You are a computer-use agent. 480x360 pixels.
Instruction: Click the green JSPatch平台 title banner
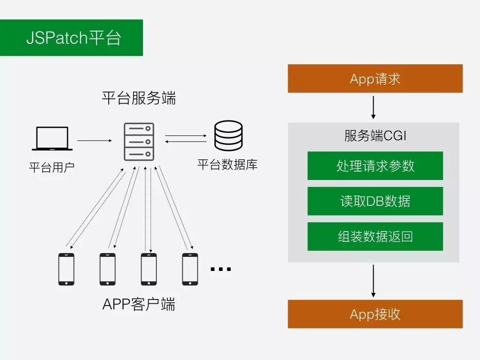click(71, 37)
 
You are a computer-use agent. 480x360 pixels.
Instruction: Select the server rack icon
click(139, 141)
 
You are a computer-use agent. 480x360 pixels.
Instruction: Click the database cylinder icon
click(228, 135)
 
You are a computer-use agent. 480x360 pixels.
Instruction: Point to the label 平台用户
click(52, 167)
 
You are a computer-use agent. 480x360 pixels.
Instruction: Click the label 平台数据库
click(227, 165)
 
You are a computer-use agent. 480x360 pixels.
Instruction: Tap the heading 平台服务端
click(139, 98)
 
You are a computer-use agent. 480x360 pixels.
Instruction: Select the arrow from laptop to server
click(95, 140)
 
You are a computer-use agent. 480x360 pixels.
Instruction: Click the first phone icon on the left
click(66, 269)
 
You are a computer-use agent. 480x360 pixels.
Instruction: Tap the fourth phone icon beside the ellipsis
click(190, 269)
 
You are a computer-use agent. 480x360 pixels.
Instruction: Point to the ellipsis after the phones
click(220, 269)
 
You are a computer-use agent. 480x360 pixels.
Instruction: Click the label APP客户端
click(139, 304)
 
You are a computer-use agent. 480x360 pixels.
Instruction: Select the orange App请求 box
click(375, 79)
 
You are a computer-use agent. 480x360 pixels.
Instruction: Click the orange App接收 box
click(375, 314)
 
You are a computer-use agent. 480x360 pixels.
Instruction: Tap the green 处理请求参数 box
click(375, 166)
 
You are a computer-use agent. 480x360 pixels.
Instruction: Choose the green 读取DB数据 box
click(375, 201)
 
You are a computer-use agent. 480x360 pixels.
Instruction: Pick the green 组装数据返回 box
click(375, 236)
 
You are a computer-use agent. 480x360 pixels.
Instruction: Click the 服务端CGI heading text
click(375, 136)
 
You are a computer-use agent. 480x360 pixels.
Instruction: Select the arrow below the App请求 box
click(374, 107)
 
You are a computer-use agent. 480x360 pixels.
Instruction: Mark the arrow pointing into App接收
click(374, 280)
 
